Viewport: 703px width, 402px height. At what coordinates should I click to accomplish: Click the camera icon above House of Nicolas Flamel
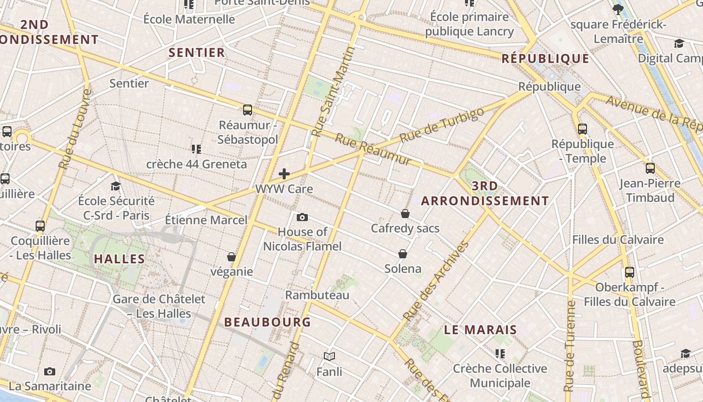pos(302,217)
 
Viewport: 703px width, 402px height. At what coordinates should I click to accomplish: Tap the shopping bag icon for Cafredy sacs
pos(405,214)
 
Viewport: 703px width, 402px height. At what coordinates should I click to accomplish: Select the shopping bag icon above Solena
pos(402,254)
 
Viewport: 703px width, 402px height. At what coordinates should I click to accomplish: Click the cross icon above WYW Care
pos(284,174)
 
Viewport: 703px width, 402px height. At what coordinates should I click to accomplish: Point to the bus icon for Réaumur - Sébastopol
pos(247,110)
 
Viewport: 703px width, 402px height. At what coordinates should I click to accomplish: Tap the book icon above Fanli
pos(329,357)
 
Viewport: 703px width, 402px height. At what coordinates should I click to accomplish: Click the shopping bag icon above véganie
pos(231,257)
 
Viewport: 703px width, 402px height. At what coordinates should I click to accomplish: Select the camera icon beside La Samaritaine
pos(50,372)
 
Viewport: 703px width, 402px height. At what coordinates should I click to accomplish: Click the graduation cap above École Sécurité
pos(116,186)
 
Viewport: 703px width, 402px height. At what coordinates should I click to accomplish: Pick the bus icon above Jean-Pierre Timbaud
pos(650,168)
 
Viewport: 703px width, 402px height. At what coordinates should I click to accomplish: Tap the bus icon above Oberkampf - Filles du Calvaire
pos(630,272)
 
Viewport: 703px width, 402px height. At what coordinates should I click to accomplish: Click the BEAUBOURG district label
pos(268,322)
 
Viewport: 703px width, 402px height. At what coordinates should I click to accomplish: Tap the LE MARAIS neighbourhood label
pos(481,330)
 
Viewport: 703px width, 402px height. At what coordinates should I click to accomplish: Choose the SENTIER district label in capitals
pos(197,52)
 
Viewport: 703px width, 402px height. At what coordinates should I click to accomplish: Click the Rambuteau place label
pos(317,295)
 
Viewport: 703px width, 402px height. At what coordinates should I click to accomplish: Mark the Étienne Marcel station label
pos(206,220)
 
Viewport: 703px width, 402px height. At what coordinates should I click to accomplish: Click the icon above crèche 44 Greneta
pos(196,149)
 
